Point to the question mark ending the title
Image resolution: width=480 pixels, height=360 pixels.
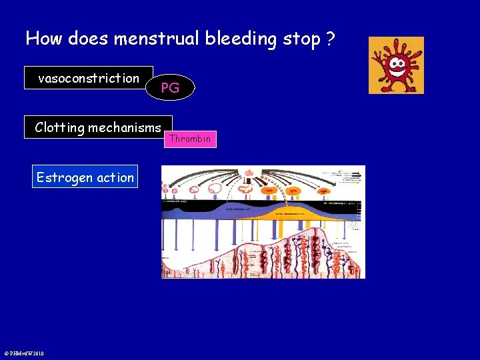coord(330,39)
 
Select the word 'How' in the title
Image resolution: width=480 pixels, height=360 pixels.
coord(42,39)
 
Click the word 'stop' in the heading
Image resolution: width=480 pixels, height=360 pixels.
coord(301,39)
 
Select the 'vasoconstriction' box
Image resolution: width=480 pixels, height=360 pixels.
coord(89,78)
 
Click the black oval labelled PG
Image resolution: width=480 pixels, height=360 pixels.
coord(170,87)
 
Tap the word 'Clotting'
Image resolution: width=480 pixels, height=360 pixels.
coord(59,127)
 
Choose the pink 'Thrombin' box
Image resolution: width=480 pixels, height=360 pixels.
coord(190,139)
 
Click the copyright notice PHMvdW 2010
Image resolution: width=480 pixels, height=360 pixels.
coord(24,353)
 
